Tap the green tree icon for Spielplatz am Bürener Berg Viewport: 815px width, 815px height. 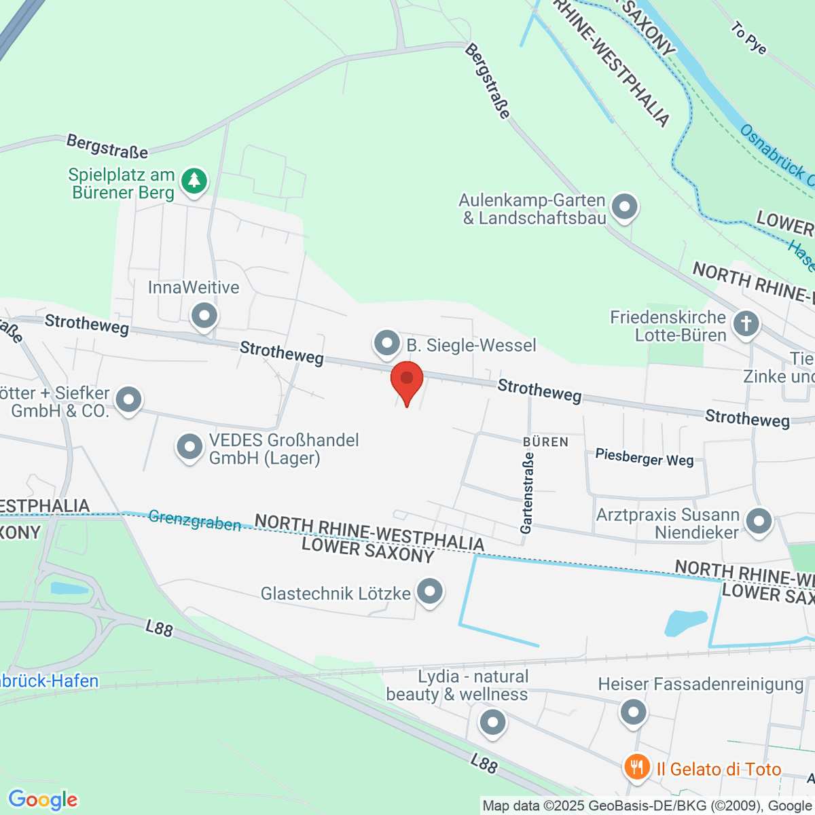tap(195, 181)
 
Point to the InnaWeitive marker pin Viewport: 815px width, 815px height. tap(204, 316)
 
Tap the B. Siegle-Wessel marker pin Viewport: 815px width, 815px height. tap(387, 343)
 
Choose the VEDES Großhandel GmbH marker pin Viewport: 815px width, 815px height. tap(189, 448)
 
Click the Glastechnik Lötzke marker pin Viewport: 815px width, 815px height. tap(429, 592)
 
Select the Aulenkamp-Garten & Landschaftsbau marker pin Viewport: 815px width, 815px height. tap(624, 206)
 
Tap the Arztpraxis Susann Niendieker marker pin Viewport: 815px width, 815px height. tap(759, 522)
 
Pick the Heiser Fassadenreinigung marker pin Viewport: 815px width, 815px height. tap(634, 712)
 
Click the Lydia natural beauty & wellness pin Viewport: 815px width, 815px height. tap(492, 721)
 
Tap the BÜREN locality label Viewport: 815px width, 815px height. tap(545, 442)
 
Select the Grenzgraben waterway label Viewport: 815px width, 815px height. tap(194, 520)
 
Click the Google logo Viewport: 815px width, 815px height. tap(43, 800)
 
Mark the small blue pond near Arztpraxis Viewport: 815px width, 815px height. tap(687, 623)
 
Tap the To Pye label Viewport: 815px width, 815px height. tap(748, 38)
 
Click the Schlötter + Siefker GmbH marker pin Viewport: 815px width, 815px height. tap(128, 400)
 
